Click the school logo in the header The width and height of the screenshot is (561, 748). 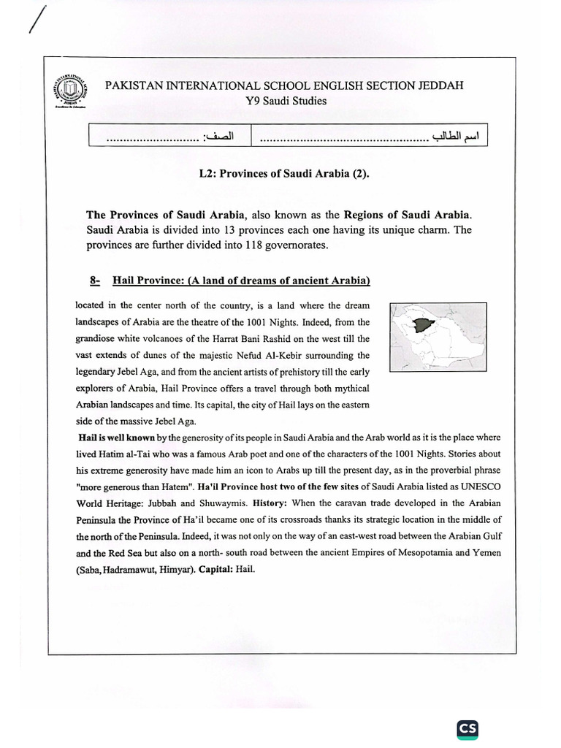[x=72, y=91]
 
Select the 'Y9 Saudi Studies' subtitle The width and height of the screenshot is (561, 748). [x=286, y=101]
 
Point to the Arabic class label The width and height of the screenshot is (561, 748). [x=220, y=137]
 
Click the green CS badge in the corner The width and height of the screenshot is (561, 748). [x=467, y=709]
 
